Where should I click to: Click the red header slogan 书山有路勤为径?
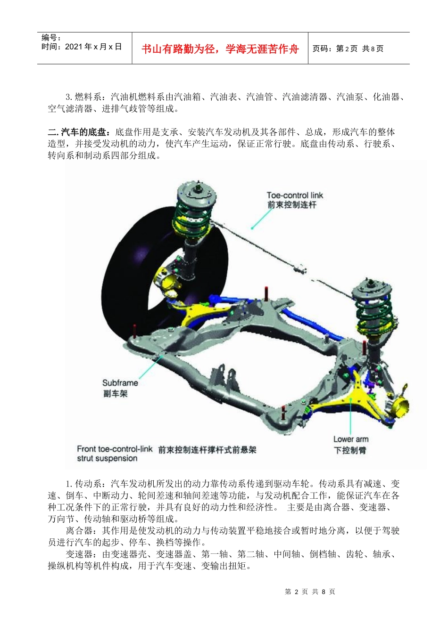tap(220, 49)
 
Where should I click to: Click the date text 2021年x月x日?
tap(93, 47)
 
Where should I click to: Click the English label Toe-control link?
tap(295, 195)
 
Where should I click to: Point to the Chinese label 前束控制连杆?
tap(291, 205)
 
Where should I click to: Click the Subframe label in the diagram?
tap(120, 383)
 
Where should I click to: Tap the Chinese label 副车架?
tap(116, 394)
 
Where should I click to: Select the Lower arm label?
tap(350, 439)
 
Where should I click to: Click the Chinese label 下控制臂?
tap(350, 450)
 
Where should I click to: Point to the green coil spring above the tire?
tap(193, 214)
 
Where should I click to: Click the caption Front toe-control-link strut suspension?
tap(114, 454)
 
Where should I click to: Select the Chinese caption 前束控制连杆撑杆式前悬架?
tap(207, 450)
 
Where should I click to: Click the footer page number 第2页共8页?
tap(310, 592)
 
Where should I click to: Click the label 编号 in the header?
tap(50, 38)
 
